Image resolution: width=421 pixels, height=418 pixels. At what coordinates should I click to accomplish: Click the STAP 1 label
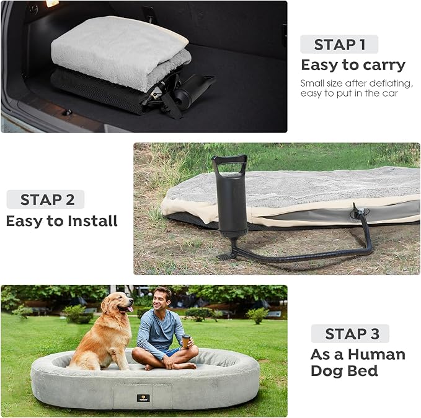point(339,45)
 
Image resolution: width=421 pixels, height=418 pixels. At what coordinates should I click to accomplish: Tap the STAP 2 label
point(47,200)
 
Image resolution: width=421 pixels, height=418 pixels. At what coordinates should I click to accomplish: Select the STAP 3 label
point(352,334)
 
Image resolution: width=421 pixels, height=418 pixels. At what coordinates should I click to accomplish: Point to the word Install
point(92,221)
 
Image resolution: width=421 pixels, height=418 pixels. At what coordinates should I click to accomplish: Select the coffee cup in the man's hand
point(186,341)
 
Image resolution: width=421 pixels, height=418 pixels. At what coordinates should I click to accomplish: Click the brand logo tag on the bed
point(143,398)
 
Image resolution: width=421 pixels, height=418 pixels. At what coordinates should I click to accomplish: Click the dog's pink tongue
point(130,309)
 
